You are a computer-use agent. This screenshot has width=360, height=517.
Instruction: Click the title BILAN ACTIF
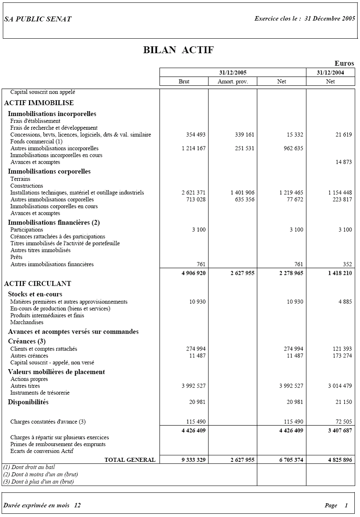tap(178, 50)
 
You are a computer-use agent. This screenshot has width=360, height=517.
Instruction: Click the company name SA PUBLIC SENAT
tap(37, 19)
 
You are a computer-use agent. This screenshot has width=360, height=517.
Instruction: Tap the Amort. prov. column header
tap(233, 81)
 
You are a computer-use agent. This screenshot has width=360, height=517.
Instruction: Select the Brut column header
tap(184, 81)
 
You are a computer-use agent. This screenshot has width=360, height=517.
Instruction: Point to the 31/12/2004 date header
tap(330, 73)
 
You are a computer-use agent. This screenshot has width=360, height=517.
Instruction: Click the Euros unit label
tap(344, 63)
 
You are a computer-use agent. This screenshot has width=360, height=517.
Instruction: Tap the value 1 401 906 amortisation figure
tap(242, 193)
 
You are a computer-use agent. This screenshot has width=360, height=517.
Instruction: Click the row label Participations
tap(27, 230)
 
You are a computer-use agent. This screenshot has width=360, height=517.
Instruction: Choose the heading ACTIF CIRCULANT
tap(37, 283)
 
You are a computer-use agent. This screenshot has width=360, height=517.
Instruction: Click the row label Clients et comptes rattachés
tap(44, 349)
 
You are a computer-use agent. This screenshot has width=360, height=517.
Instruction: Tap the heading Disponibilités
tap(28, 402)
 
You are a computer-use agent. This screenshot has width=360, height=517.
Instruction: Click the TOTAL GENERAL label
tap(130, 460)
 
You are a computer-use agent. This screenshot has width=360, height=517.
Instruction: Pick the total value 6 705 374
tap(291, 460)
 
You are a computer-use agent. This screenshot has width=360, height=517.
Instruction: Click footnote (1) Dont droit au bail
tap(29, 467)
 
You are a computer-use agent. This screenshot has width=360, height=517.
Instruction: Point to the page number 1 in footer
tap(346, 505)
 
